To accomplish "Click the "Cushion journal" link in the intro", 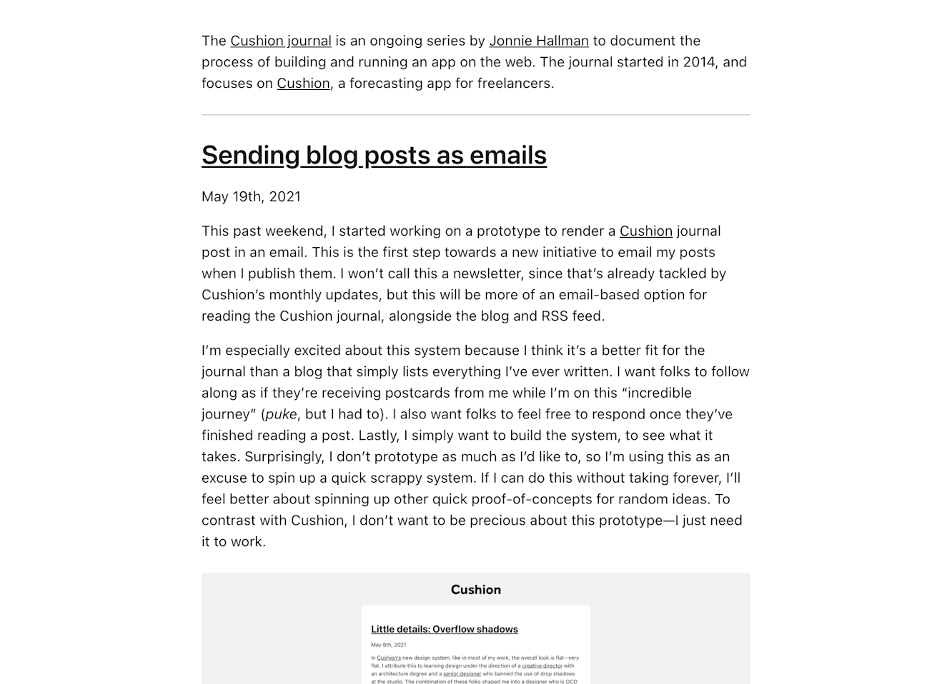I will pos(280,41).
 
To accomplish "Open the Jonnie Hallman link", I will pos(538,41).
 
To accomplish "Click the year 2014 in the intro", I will pos(699,62).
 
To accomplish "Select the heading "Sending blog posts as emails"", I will pos(374,155).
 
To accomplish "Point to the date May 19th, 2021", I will pos(251,196).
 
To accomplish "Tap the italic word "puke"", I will pos(281,414).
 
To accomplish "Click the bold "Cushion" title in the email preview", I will pos(475,590).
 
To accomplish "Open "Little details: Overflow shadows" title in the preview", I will pos(444,629).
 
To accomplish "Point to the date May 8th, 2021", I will pos(388,645).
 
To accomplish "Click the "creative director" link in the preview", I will pos(542,665).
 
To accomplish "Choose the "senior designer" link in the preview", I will pos(462,673).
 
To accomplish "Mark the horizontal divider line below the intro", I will pos(475,114).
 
